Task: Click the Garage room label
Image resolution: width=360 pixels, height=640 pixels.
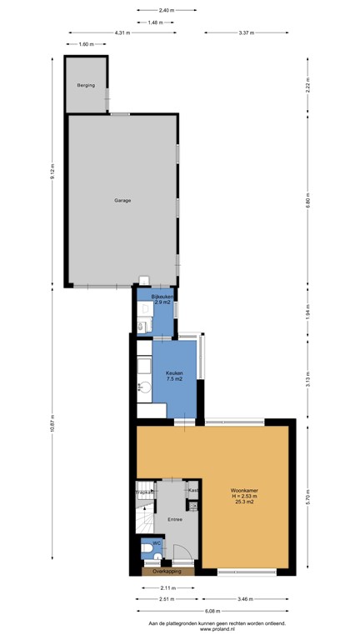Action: [122, 200]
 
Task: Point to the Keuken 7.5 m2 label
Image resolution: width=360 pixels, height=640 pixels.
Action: [174, 376]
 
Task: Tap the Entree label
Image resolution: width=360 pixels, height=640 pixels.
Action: [174, 519]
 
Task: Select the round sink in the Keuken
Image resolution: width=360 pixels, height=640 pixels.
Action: [142, 386]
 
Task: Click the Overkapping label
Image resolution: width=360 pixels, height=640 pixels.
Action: [167, 572]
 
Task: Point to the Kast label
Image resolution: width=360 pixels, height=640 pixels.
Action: [192, 490]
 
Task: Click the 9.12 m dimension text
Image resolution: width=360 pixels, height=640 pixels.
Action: [52, 172]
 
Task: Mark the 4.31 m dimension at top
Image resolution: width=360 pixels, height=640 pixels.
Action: [122, 32]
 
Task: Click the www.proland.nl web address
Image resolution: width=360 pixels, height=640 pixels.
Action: [216, 630]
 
